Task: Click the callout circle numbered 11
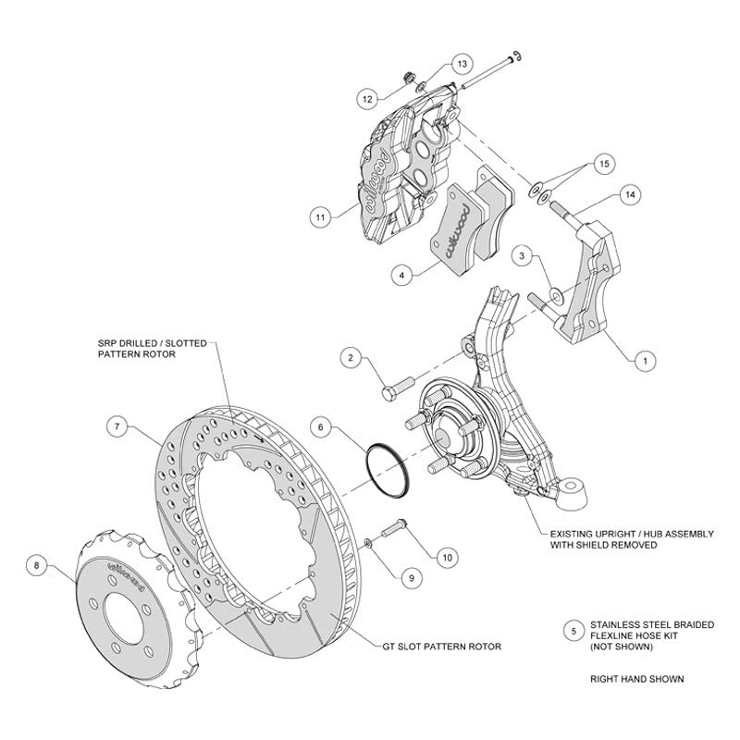tap(320, 217)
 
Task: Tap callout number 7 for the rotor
tap(117, 427)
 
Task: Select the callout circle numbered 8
tap(37, 565)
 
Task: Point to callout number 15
tap(604, 164)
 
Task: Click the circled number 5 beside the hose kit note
tap(573, 631)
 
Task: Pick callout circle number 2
tap(351, 358)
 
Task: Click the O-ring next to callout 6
tap(388, 470)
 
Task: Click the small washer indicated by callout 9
tap(368, 545)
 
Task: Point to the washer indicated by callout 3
tap(557, 296)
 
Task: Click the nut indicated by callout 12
tap(410, 77)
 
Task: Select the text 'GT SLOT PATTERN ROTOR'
tap(441, 646)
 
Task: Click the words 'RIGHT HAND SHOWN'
tap(637, 679)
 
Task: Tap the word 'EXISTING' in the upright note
tap(573, 534)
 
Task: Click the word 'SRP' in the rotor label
tap(106, 343)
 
